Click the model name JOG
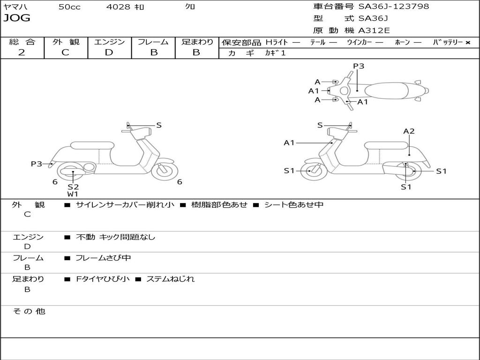[16, 18]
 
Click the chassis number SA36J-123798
[394, 7]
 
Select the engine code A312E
[374, 31]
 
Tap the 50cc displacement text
[69, 7]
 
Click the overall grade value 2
[22, 52]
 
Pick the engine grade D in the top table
[109, 52]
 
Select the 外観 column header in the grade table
[66, 42]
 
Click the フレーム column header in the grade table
[153, 42]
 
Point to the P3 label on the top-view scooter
[359, 66]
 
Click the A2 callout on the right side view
[409, 131]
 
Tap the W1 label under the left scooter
[73, 194]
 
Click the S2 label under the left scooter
[73, 187]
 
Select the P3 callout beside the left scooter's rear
[37, 164]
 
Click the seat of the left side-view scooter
[92, 145]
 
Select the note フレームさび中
[103, 258]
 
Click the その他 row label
[29, 311]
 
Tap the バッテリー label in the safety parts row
[448, 42]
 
